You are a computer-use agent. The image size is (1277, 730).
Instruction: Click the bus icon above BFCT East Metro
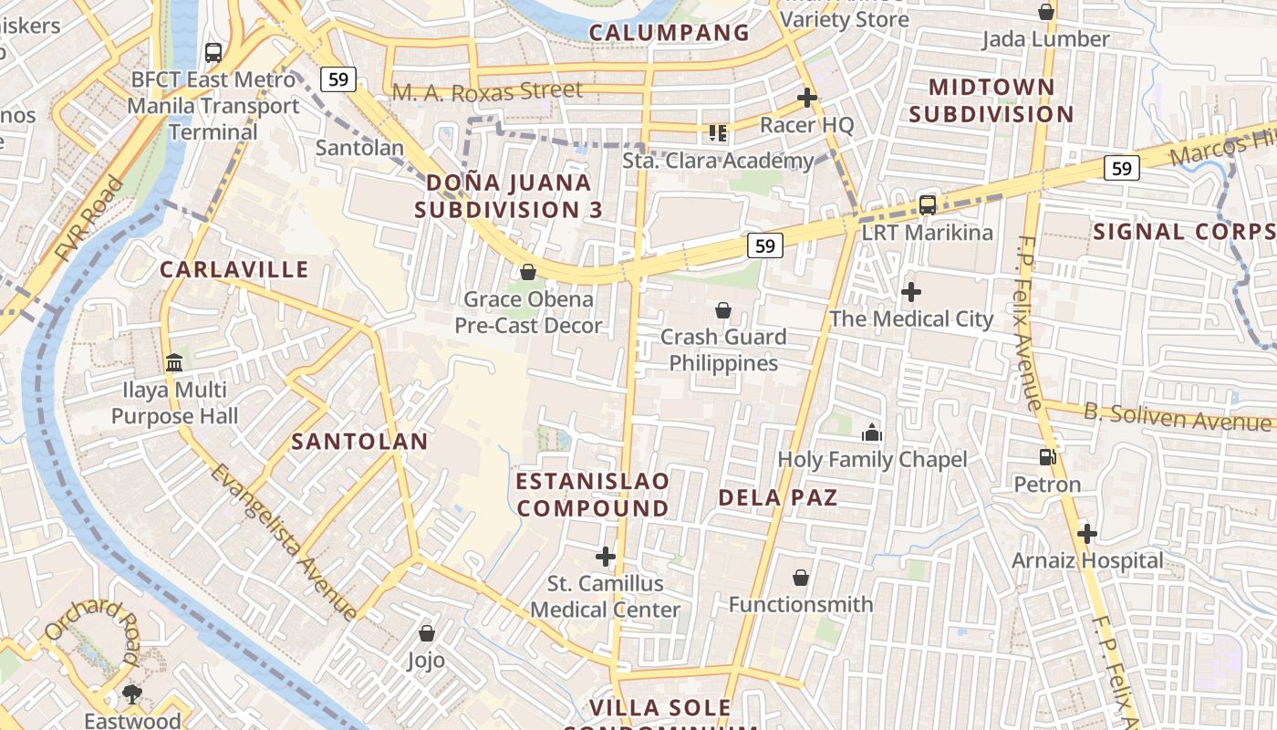pos(213,52)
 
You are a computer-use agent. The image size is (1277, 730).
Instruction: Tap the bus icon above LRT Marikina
pos(928,204)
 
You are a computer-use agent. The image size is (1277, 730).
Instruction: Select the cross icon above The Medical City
pos(910,292)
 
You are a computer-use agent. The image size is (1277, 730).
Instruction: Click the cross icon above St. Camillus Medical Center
pos(606,556)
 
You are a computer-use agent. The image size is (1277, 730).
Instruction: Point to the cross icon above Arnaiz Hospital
pos(1086,533)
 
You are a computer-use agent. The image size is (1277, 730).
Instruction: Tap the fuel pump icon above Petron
pos(1047,456)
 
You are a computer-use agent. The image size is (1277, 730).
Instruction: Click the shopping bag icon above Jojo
pos(426,632)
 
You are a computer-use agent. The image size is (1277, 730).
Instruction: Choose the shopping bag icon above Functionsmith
pos(800,577)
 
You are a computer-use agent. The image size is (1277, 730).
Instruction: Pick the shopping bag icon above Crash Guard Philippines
pos(722,310)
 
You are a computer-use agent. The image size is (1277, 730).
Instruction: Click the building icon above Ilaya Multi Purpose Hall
pos(174,363)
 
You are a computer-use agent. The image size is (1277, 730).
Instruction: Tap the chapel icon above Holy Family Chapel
pos(872,433)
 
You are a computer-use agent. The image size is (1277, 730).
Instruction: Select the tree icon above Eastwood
pos(132,694)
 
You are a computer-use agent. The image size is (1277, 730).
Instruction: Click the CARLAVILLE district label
pos(234,269)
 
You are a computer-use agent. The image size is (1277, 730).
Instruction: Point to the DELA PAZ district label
pos(777,497)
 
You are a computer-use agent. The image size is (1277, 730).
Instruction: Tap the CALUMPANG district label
pos(669,33)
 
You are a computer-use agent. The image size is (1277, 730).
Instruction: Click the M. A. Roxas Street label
pos(487,91)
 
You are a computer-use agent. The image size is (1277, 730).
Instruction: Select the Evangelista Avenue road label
pos(282,542)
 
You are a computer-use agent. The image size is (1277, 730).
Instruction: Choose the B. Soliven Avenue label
pos(1177,417)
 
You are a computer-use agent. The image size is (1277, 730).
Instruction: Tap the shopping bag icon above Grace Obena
pos(527,272)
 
